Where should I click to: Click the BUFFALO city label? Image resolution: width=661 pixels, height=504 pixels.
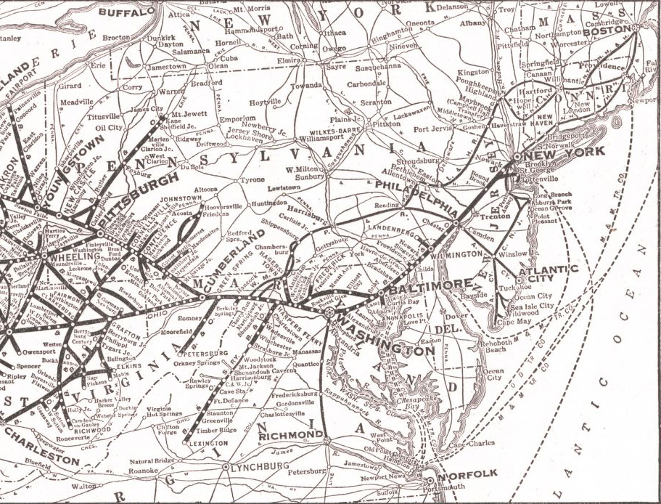126,12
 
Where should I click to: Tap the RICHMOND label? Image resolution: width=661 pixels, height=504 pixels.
290,435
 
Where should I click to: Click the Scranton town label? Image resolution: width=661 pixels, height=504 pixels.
375,102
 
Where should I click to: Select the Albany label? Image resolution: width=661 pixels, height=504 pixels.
474,23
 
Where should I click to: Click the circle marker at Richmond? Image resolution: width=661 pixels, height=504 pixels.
327,439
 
